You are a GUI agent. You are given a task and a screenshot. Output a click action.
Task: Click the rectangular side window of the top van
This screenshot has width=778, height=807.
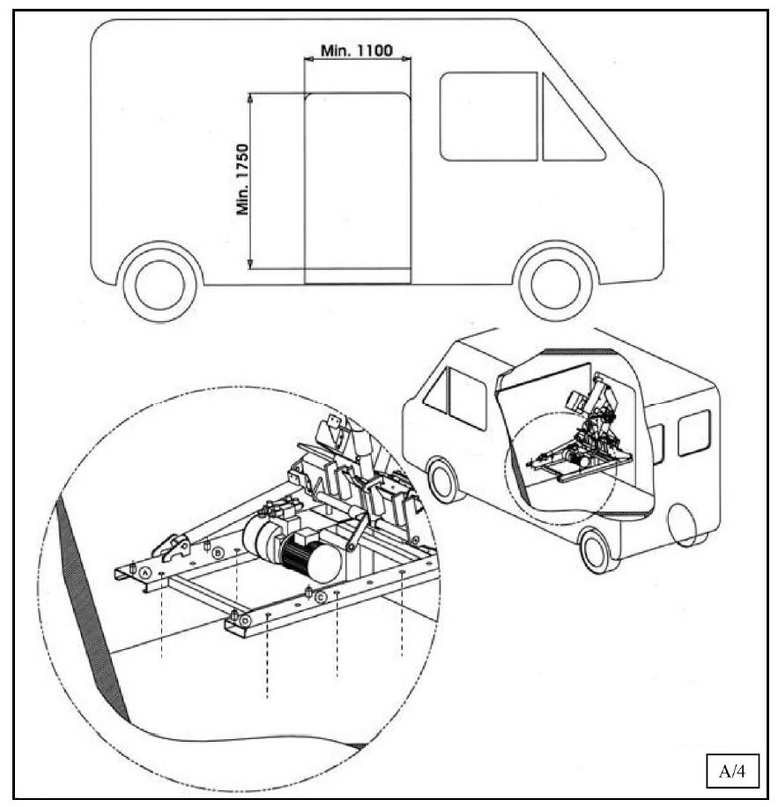coord(488,116)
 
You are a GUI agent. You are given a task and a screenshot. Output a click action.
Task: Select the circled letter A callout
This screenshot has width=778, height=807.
coord(145,572)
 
